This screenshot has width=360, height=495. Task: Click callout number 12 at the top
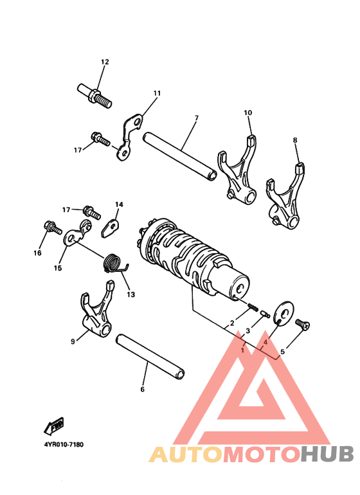(105, 62)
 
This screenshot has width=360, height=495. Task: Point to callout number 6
(142, 389)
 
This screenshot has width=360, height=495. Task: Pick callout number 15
(58, 268)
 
